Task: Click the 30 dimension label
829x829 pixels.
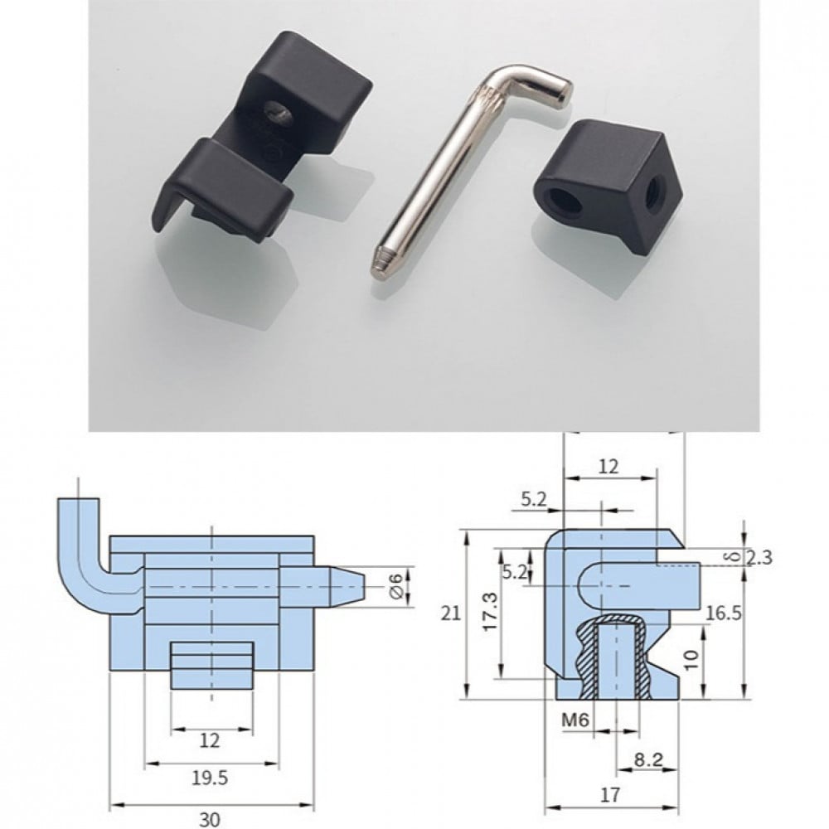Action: [x=210, y=819]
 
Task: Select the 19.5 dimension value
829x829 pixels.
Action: [x=210, y=778]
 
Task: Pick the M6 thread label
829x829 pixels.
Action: [x=574, y=720]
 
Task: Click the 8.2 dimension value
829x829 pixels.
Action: [x=648, y=759]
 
